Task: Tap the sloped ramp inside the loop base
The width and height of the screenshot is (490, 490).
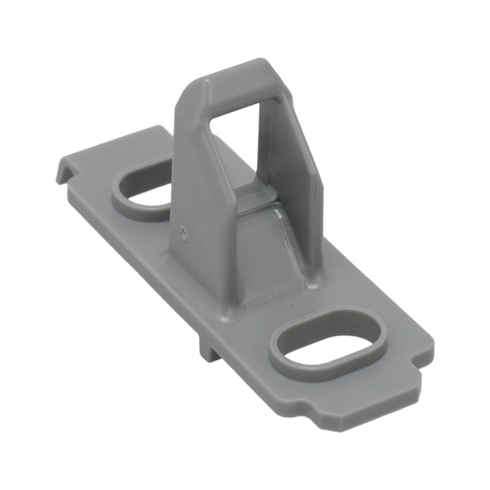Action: point(263,257)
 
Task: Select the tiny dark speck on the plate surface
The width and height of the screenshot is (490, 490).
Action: point(292,304)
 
